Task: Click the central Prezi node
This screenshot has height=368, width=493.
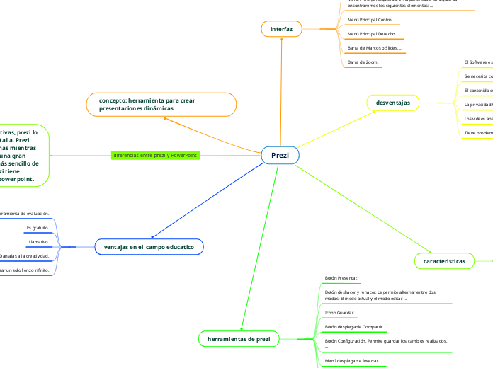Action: tap(280, 156)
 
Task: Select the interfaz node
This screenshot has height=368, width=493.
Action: tap(281, 28)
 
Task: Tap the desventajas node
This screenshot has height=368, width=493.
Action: tap(393, 103)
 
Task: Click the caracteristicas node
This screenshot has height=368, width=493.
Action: tap(444, 261)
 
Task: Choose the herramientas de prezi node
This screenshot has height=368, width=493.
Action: tap(238, 340)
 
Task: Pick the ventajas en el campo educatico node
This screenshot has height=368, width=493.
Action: tap(149, 247)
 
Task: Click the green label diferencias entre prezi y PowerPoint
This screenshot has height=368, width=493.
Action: tap(155, 155)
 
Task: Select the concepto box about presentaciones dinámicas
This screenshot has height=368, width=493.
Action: tap(161, 105)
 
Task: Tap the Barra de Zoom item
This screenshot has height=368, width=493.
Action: tap(363, 63)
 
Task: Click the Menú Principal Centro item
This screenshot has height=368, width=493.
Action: tap(372, 20)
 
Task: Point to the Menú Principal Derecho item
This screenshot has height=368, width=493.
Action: tap(374, 34)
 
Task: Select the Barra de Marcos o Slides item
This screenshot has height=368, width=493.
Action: tap(375, 48)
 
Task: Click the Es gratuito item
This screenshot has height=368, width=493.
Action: tap(37, 228)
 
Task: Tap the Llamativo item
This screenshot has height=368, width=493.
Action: tap(38, 241)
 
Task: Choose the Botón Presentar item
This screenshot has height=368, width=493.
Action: tap(341, 278)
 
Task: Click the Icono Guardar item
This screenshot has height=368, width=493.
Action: tap(340, 312)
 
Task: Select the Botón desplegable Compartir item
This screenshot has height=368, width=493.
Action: tap(354, 327)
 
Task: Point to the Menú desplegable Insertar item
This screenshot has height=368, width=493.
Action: tap(353, 361)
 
